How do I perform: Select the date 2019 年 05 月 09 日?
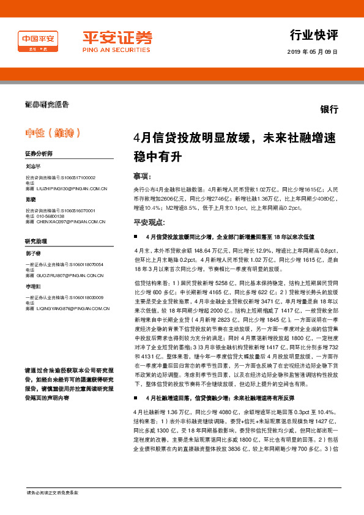(312, 53)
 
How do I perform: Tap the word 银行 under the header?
(329, 109)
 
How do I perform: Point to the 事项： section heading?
(143, 176)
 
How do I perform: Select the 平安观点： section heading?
(149, 222)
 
